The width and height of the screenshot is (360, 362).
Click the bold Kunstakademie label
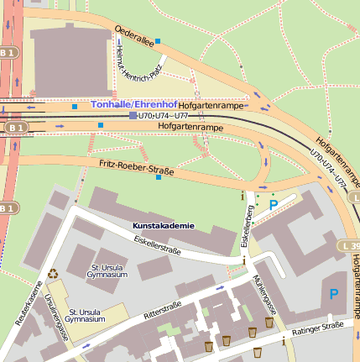tap(163, 226)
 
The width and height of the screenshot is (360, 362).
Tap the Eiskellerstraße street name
tap(158, 244)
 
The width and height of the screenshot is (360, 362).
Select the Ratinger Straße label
tap(318, 328)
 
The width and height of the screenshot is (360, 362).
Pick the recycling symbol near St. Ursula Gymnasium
tap(54, 272)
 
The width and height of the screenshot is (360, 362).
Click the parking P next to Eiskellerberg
tap(273, 204)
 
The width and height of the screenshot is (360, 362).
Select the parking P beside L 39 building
tap(333, 294)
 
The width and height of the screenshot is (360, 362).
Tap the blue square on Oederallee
tap(157, 40)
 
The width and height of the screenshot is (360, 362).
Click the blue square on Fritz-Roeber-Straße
tap(159, 177)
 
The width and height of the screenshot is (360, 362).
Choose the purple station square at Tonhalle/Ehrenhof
tap(133, 115)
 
